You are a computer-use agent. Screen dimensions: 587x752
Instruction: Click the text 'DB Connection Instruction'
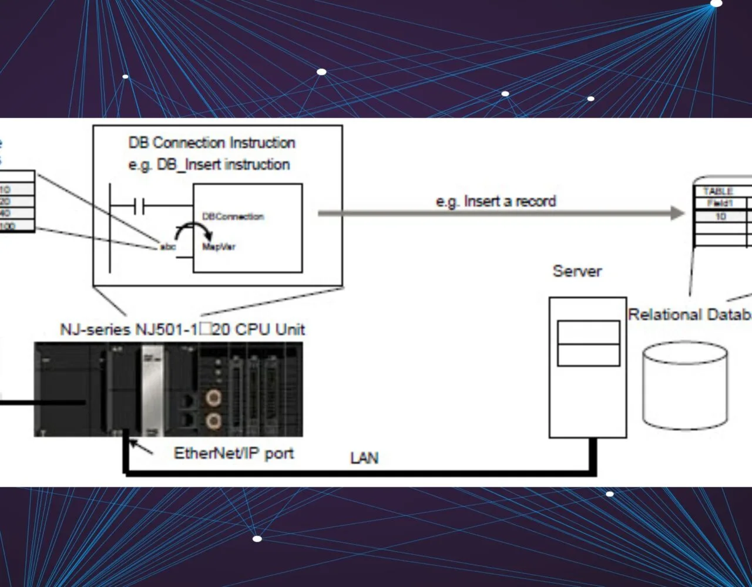click(x=211, y=143)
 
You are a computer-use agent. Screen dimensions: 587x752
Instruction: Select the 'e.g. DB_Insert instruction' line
click(x=209, y=165)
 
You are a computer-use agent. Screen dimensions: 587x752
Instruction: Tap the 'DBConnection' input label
click(x=233, y=217)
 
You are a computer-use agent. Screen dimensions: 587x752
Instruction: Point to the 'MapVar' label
click(x=219, y=247)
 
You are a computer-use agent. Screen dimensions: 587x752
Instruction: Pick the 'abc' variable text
click(x=168, y=247)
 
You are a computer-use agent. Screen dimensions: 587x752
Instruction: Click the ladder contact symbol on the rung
click(x=139, y=206)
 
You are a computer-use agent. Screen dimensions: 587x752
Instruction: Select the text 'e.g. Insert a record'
click(x=495, y=201)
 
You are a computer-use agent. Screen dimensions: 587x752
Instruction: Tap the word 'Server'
click(x=577, y=271)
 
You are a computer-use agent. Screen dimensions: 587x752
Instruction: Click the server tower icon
click(x=587, y=367)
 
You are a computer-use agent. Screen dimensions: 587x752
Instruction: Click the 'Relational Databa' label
click(x=689, y=315)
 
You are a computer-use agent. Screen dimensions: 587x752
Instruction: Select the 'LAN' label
click(x=364, y=458)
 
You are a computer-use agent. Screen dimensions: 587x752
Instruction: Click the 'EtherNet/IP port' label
click(x=234, y=453)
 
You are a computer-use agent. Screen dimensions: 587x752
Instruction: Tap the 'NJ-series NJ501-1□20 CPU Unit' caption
click(x=182, y=329)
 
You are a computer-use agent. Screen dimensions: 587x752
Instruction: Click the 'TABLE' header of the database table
click(x=718, y=191)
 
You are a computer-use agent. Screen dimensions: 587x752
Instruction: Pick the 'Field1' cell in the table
click(x=720, y=204)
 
